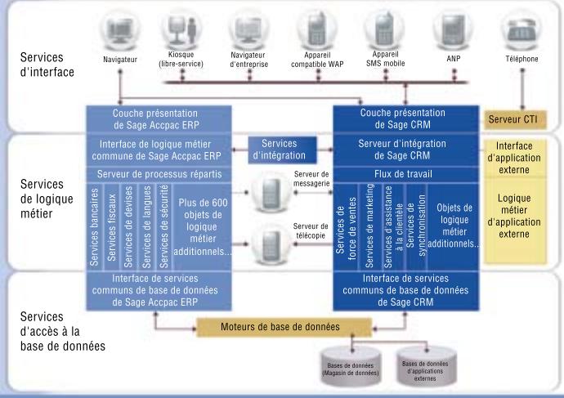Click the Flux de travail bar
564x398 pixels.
coord(401,174)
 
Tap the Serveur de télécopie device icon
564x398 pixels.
coord(269,244)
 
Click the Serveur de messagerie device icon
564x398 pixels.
coord(269,194)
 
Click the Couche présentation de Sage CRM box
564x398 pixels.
coord(401,119)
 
